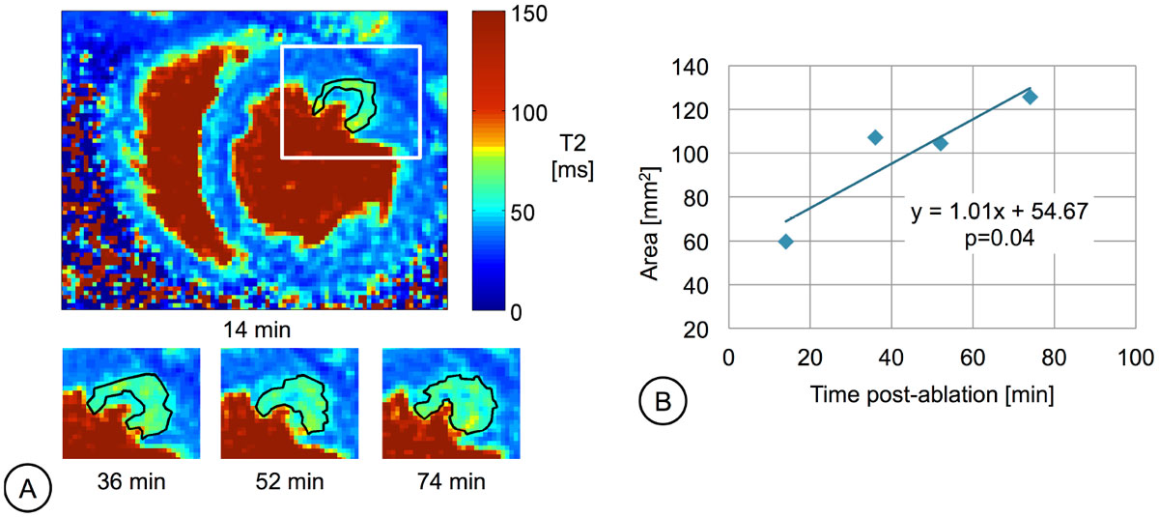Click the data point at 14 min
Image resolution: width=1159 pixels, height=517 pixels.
pos(786,242)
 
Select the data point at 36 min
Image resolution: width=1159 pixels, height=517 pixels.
pos(875,137)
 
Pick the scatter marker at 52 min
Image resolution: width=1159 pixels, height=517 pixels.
pos(940,143)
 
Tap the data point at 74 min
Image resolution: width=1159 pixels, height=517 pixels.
pos(1030,97)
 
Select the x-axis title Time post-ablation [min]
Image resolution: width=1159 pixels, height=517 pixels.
pos(934,395)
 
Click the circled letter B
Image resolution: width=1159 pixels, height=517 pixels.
pos(663,398)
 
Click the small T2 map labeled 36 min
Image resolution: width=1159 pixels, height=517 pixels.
pos(129,403)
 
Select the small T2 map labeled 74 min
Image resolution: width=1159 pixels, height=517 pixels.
pos(450,403)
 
